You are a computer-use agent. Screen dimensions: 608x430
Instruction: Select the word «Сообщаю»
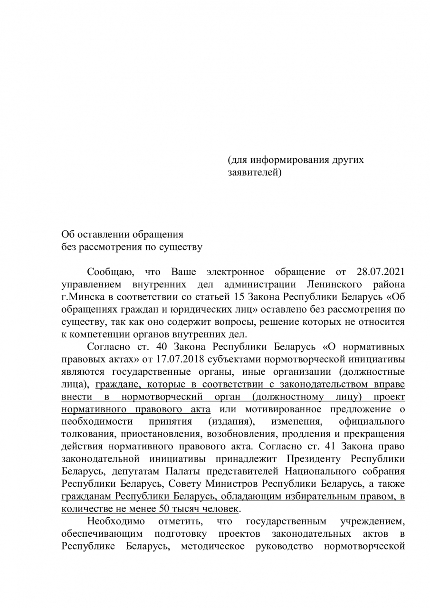point(111,272)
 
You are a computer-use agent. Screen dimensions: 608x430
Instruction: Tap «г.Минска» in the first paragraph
point(81,297)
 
